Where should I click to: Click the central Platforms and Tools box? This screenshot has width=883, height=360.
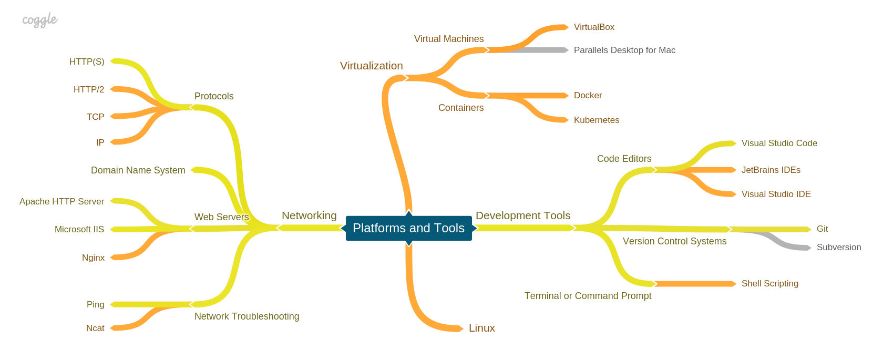point(408,228)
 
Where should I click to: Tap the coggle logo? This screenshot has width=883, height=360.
point(39,20)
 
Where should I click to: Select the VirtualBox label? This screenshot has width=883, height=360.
point(594,27)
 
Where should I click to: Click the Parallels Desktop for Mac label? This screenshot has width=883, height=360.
point(624,50)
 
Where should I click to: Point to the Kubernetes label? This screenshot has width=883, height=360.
point(597,120)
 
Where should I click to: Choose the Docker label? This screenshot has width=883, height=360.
point(588,96)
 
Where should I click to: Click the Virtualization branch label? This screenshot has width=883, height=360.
point(371,66)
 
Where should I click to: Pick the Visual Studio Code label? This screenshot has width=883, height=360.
point(779,143)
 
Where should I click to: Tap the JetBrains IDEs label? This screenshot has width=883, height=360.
point(771,170)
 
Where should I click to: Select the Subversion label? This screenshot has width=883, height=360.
point(838,248)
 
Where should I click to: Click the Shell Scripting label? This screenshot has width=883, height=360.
point(769,284)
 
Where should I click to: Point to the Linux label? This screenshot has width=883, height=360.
point(481,328)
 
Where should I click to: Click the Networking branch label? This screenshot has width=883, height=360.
point(309,216)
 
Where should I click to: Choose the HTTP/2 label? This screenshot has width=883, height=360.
point(89,90)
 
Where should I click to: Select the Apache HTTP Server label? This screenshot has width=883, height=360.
point(61,202)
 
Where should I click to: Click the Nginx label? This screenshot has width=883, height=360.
point(93,258)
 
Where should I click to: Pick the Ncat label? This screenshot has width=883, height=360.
point(95,328)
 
